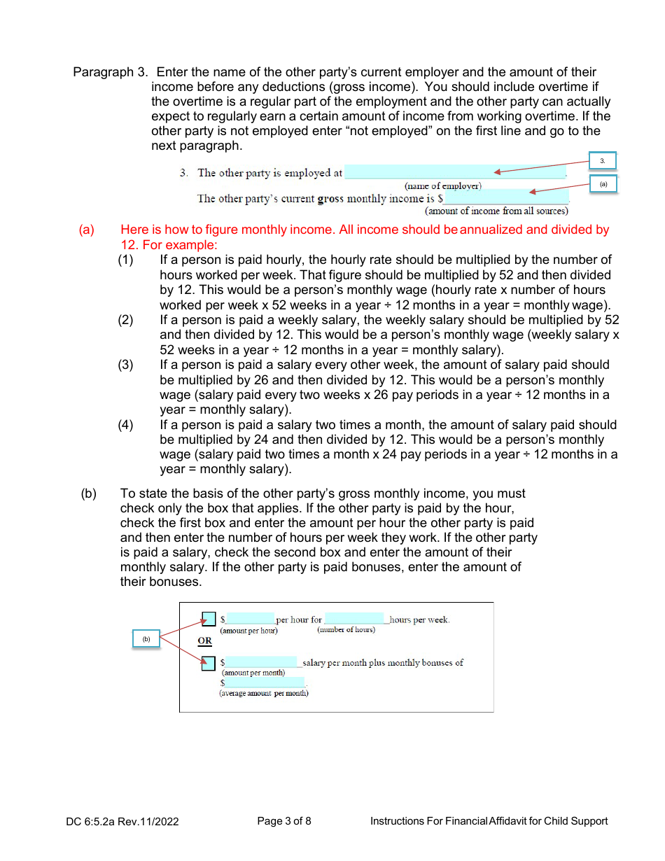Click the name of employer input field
(x=455, y=172)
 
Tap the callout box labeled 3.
(x=602, y=161)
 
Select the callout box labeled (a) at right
(x=602, y=184)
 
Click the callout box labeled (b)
(x=146, y=639)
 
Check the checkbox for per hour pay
(x=209, y=619)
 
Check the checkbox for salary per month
(x=209, y=663)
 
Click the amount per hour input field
(x=250, y=619)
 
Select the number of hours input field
(x=354, y=619)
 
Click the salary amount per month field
(x=262, y=662)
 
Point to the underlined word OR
(x=204, y=640)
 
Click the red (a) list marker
(x=86, y=230)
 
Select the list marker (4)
(x=125, y=425)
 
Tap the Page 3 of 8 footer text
(x=284, y=821)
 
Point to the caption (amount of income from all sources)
(x=496, y=211)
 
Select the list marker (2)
(x=125, y=320)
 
